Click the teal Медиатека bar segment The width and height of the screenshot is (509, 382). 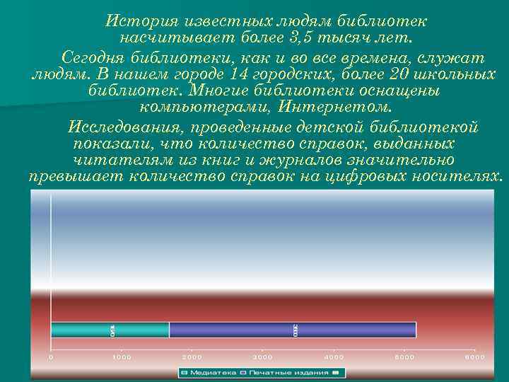point(110,330)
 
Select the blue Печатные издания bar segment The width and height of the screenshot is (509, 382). point(293,330)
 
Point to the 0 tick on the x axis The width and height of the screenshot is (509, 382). point(51,357)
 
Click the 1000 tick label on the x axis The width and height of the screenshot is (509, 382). point(122,357)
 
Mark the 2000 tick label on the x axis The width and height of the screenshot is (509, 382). point(192,357)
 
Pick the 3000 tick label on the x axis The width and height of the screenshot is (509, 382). point(262,357)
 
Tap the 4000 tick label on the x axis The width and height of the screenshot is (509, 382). point(334,357)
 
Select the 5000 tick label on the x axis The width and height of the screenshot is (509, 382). point(404,357)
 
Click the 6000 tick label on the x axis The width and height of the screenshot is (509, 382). point(475,357)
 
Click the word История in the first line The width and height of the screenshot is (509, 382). point(134,21)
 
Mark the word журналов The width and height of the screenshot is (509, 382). point(314,160)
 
